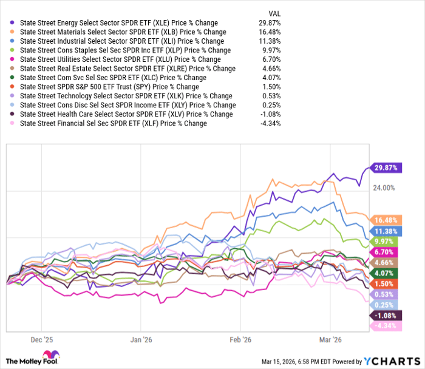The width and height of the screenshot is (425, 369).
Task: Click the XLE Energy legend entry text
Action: click(x=118, y=23)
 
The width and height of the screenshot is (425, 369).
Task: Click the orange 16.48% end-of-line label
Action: click(x=386, y=219)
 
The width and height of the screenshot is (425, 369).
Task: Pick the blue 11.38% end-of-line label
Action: click(x=386, y=231)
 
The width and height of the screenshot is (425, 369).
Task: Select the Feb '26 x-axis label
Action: click(x=241, y=340)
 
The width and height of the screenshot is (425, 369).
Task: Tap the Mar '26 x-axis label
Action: click(x=332, y=340)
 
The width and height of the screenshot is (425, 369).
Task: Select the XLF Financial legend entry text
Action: click(x=113, y=123)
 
